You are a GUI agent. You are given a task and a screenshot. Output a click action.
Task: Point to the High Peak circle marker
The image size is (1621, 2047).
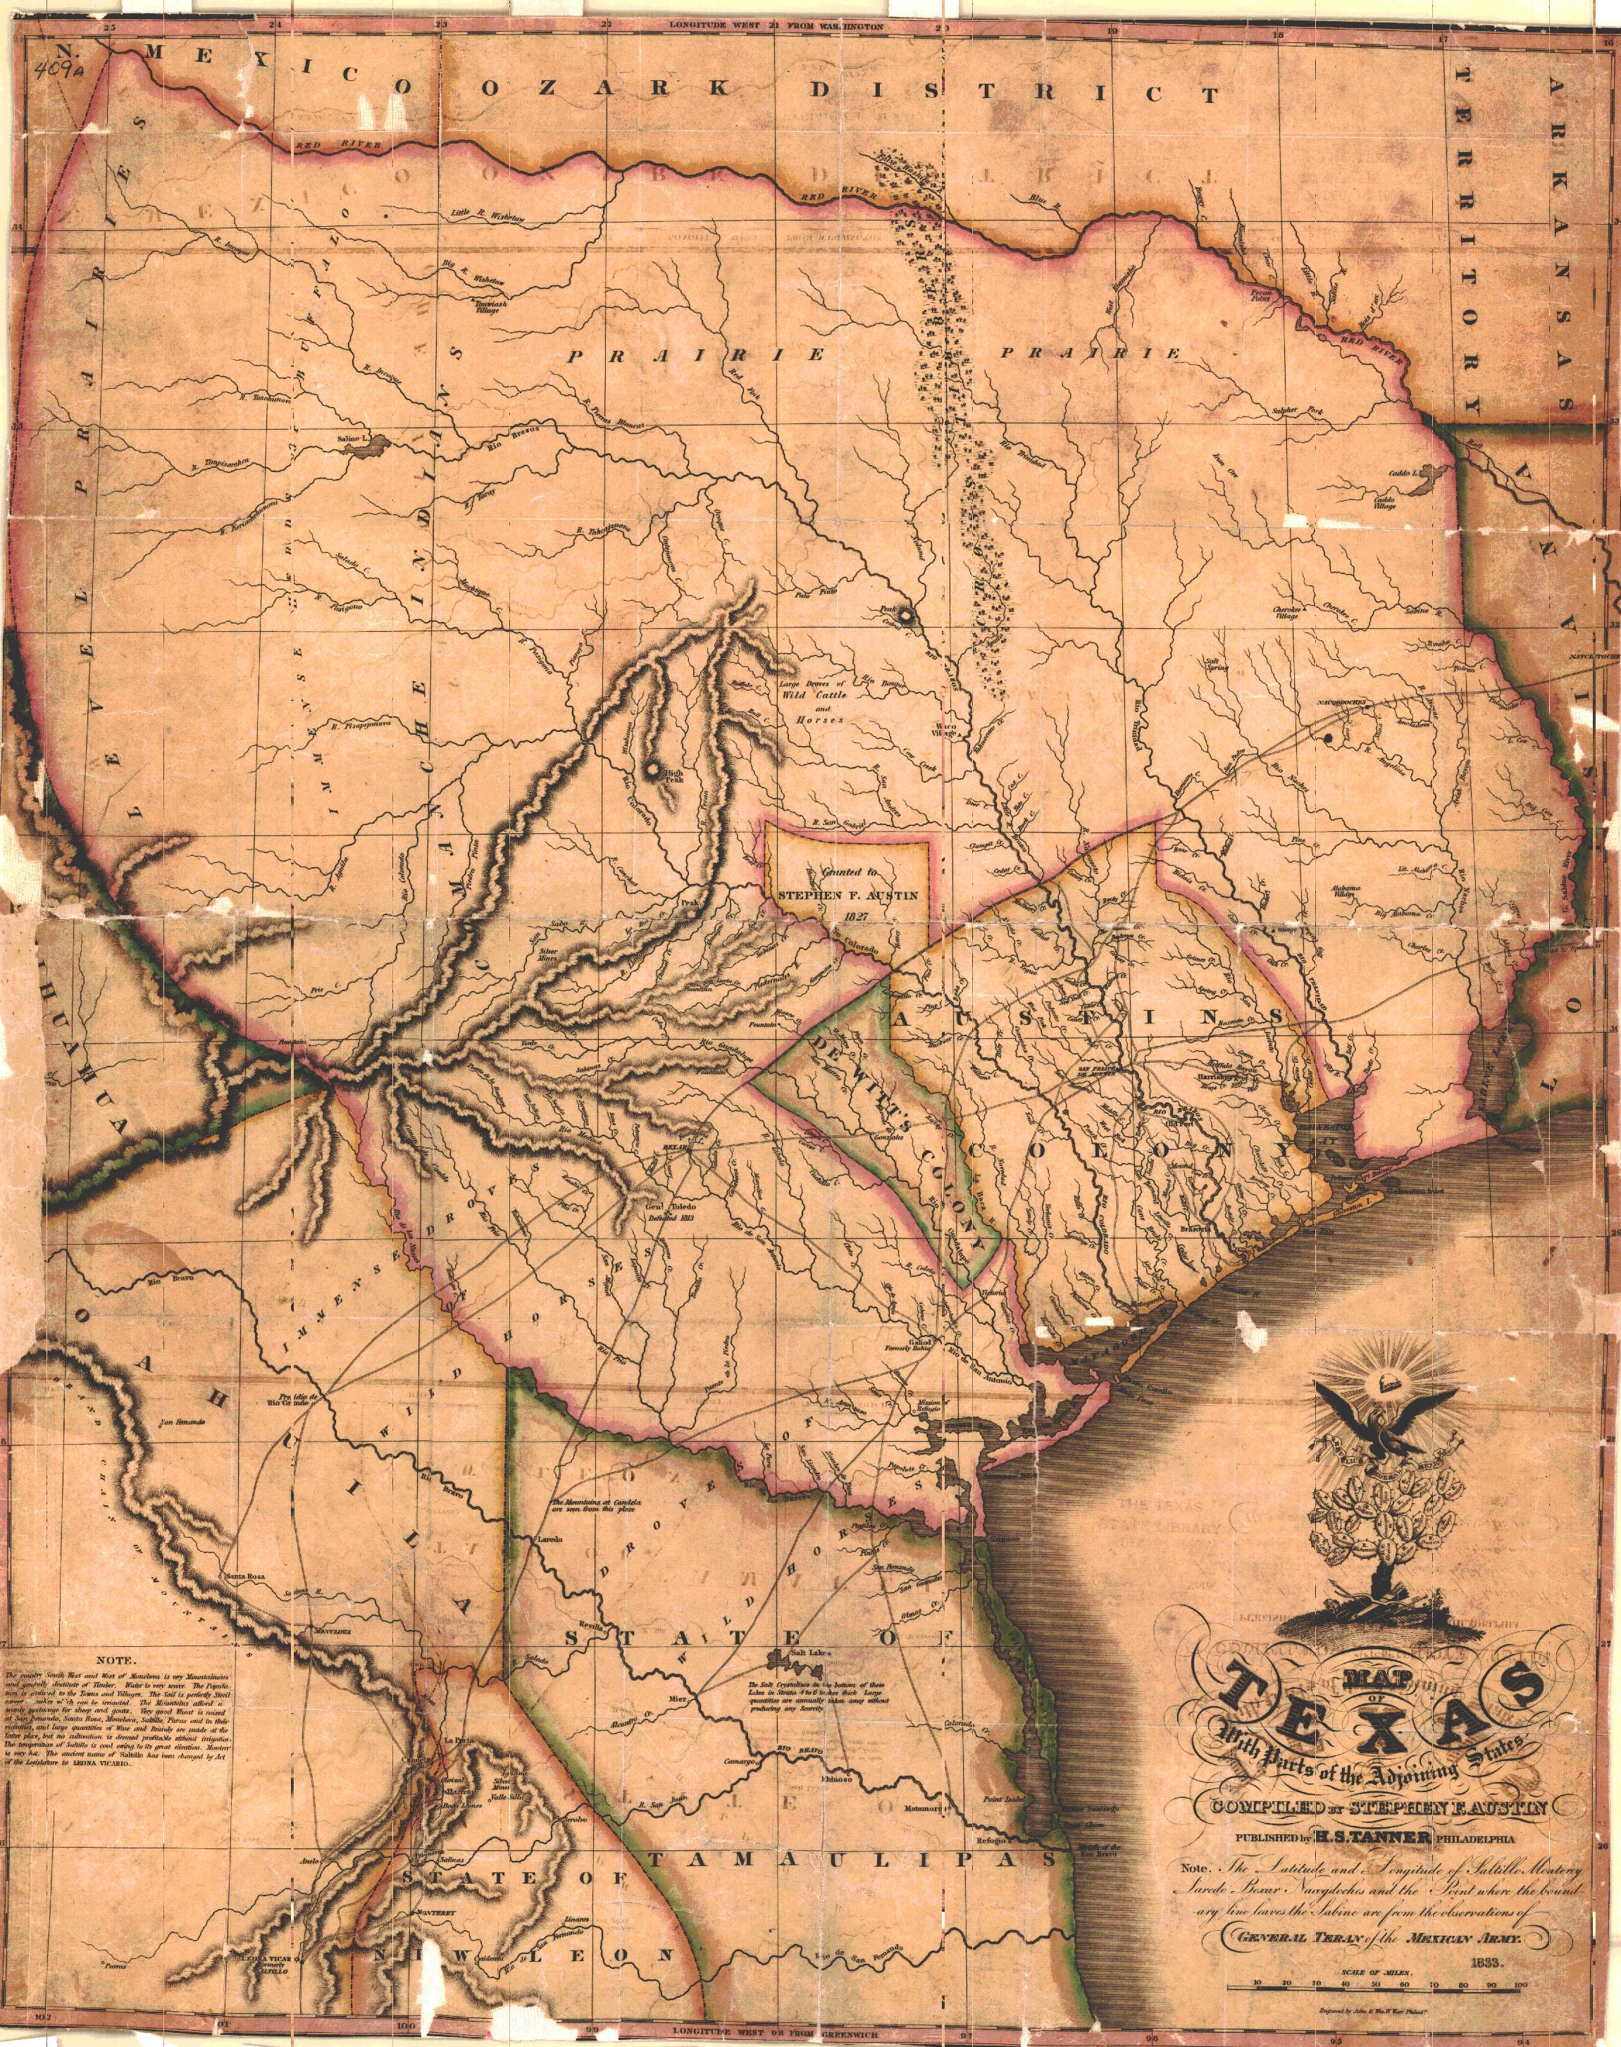point(653,770)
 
